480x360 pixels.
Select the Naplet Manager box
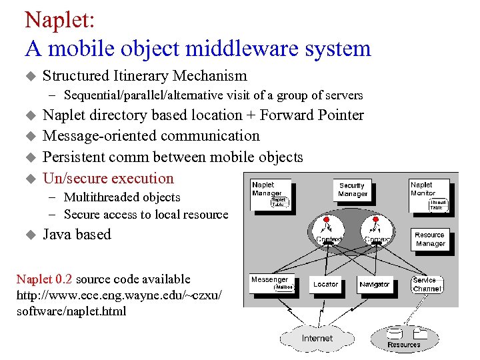(x=270, y=193)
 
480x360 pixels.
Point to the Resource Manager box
(x=430, y=239)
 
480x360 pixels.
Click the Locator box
(x=325, y=285)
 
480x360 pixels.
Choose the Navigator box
(x=374, y=285)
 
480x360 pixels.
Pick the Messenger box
(x=271, y=284)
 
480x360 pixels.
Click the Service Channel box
(x=427, y=285)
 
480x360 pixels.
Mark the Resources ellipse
(x=404, y=338)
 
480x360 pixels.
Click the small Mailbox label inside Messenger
(x=283, y=288)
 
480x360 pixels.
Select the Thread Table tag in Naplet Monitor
(x=438, y=205)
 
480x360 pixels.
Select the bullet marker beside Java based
(x=29, y=235)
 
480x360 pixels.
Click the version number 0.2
(x=63, y=279)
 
